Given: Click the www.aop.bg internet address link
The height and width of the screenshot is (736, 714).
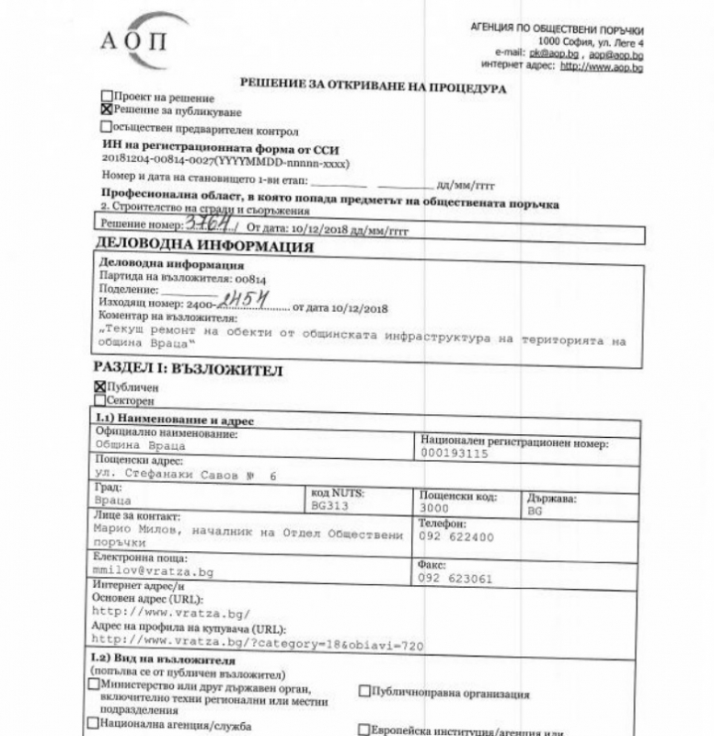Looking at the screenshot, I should point(602,66).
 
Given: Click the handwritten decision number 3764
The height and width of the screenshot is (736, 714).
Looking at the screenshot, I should point(207,223).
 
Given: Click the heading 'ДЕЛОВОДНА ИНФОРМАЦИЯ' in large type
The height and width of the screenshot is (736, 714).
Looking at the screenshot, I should point(204,246).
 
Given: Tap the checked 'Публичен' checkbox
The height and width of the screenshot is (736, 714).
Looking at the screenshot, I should point(99,388).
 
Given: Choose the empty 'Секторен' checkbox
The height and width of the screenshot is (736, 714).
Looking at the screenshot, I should point(99,401).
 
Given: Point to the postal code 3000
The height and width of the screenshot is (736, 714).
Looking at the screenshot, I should point(434,507).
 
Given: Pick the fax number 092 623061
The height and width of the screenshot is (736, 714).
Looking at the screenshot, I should point(456,579).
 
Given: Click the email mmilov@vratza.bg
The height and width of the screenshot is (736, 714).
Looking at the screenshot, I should point(154,571).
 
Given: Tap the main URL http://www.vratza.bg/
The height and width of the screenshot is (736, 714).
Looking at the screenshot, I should point(171,612).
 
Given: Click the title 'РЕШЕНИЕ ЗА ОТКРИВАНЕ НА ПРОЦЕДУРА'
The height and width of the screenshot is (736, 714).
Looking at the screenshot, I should point(374,84).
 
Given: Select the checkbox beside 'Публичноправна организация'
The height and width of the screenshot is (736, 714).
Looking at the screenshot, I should point(364,690).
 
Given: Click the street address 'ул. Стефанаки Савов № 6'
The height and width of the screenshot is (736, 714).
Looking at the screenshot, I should point(185,474).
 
